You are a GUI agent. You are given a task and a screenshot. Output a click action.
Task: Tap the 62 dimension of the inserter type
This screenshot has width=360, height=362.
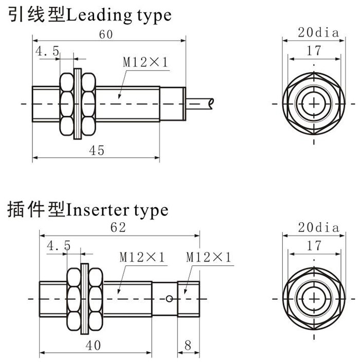pyautogui.click(x=118, y=228)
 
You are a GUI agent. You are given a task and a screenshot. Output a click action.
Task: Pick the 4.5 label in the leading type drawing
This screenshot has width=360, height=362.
pyautogui.click(x=47, y=51)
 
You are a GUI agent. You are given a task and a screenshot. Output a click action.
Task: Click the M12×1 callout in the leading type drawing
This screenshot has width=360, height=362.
pyautogui.click(x=146, y=63)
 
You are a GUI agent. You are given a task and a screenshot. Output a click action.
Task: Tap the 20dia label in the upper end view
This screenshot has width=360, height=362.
pyautogui.click(x=318, y=33)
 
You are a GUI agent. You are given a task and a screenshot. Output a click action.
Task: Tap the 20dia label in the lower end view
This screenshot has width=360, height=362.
pyautogui.click(x=318, y=228)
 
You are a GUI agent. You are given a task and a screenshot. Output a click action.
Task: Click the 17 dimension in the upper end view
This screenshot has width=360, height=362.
pyautogui.click(x=313, y=50)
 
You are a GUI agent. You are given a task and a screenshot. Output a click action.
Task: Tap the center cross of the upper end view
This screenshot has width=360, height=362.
pyautogui.click(x=313, y=103)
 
